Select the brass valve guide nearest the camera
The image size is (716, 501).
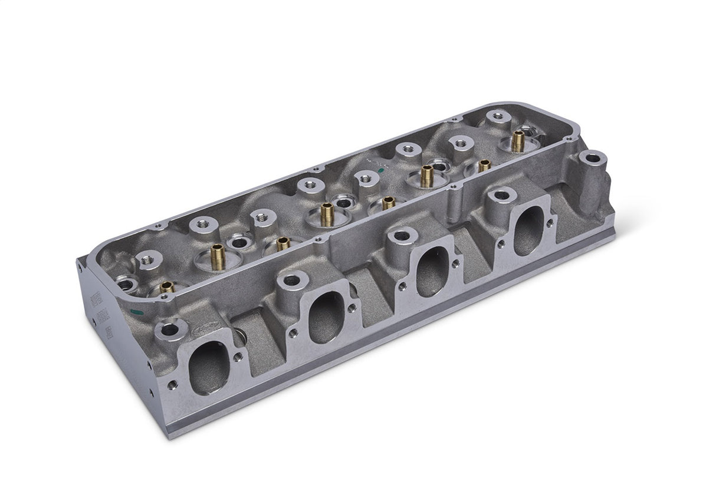coord(167,286)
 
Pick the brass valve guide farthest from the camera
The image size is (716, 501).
coord(518,140)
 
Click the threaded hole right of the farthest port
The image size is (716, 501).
coord(550,223)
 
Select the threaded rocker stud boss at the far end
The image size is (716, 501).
coord(498,117)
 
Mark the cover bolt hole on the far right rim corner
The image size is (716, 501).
coord(568,139)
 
